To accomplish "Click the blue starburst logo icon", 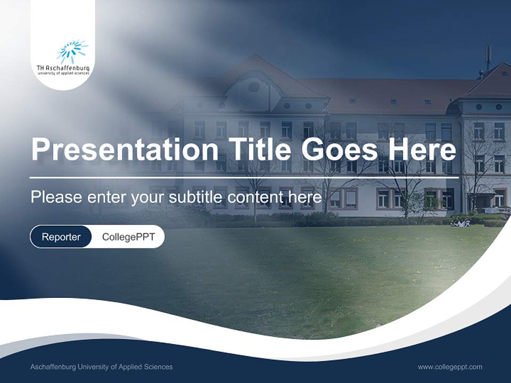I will [72, 52].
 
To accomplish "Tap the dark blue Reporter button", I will [61, 237].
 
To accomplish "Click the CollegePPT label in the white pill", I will [128, 237].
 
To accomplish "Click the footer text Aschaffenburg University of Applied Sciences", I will [101, 367].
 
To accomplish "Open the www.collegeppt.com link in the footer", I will [450, 367].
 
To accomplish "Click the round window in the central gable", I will [254, 87].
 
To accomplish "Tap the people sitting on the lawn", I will [459, 223].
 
